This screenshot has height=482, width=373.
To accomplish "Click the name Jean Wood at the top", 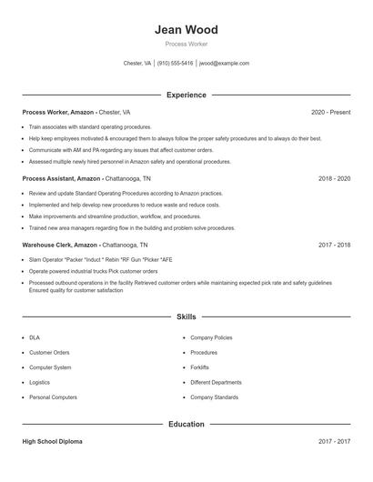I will pyautogui.click(x=186, y=30).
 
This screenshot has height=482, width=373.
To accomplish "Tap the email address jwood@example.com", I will pyautogui.click(x=224, y=64).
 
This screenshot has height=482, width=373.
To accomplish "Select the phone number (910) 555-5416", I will pyautogui.click(x=175, y=64).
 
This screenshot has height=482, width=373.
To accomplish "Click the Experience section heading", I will pyautogui.click(x=186, y=95).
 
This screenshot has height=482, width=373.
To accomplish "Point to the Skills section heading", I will pyautogui.click(x=186, y=316).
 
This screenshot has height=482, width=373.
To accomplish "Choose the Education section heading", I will pyautogui.click(x=186, y=424).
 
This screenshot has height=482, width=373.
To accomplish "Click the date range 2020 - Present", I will pyautogui.click(x=330, y=112).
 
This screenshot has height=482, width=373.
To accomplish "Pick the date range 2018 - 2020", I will pyautogui.click(x=334, y=179).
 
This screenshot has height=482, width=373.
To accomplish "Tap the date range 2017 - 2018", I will pyautogui.click(x=334, y=246).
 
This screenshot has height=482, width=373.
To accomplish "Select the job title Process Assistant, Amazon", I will pyautogui.click(x=62, y=179).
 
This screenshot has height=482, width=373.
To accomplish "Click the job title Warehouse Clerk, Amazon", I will pyautogui.click(x=60, y=246).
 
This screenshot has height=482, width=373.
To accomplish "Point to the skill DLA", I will pyautogui.click(x=35, y=337).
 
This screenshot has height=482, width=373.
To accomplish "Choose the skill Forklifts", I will pyautogui.click(x=200, y=367).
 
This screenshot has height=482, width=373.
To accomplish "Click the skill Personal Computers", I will pyautogui.click(x=53, y=397).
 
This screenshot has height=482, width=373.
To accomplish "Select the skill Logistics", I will pyautogui.click(x=39, y=383).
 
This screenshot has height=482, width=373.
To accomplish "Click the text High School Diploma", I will pyautogui.click(x=52, y=441).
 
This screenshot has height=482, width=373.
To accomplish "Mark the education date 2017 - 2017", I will pyautogui.click(x=334, y=441).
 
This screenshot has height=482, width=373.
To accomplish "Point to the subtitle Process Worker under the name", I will pyautogui.click(x=186, y=44).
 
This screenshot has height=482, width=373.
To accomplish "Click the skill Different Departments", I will pyautogui.click(x=216, y=383).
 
